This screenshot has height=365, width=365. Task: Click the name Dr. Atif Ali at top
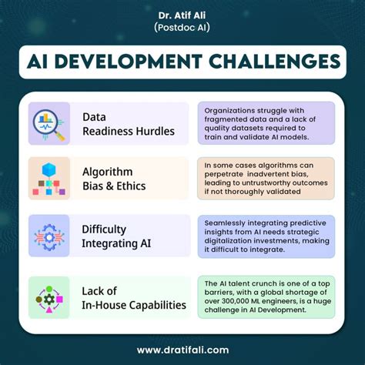(182, 15)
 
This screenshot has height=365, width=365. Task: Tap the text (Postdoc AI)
(182, 28)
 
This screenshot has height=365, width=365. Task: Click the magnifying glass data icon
(50, 124)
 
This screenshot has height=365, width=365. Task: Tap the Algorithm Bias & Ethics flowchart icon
(50, 179)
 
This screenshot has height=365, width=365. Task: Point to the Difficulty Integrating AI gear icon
(50, 236)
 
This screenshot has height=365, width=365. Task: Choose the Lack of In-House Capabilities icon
(50, 297)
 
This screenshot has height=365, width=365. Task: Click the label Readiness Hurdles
(129, 131)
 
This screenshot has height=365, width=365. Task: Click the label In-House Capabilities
(134, 305)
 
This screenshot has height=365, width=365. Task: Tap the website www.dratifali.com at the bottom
(182, 349)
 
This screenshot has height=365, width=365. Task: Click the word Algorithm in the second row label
(108, 172)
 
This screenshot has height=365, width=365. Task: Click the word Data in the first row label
(95, 117)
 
